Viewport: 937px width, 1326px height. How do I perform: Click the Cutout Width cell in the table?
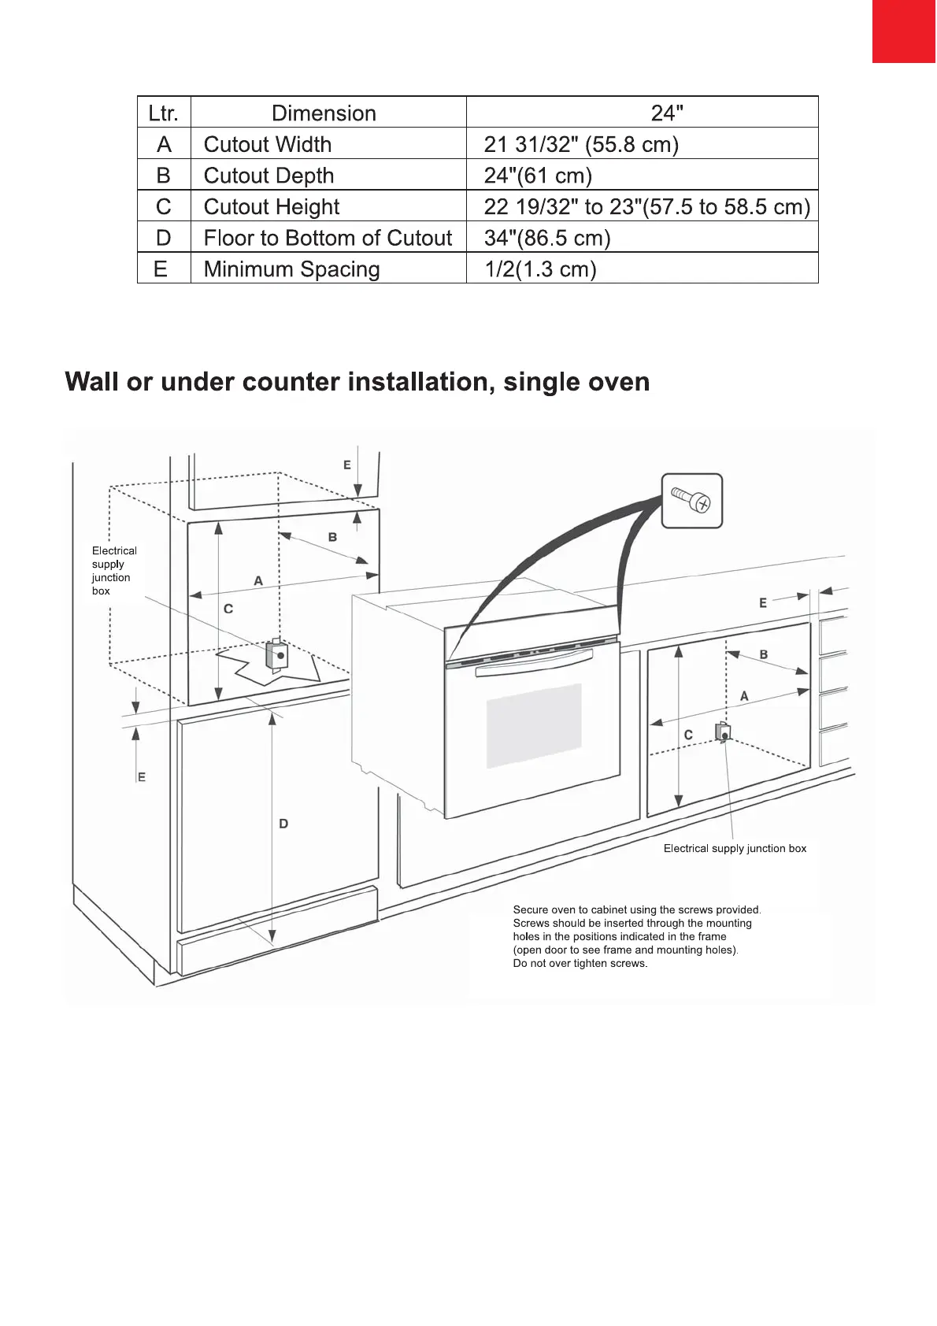click(268, 145)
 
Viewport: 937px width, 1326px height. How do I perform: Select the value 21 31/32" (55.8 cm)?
click(581, 145)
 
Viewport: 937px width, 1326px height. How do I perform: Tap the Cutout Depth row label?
click(269, 176)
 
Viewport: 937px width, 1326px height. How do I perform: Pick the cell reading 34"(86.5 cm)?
click(547, 238)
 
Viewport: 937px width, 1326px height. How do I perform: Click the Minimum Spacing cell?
click(291, 269)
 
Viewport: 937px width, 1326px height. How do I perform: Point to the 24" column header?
click(666, 113)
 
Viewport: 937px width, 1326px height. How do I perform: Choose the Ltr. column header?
click(164, 113)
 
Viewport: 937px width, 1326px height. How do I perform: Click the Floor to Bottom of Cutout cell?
click(328, 238)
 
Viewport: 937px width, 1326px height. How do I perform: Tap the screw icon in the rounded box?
click(691, 500)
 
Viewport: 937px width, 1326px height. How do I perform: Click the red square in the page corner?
click(904, 31)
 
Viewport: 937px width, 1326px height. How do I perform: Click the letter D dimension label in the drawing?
click(283, 824)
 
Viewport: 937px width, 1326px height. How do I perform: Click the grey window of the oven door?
click(534, 724)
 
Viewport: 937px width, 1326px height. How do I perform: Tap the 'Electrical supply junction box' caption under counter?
click(735, 849)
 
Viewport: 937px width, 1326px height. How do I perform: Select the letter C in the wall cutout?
click(228, 609)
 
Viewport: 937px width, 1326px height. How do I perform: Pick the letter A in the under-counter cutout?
click(744, 696)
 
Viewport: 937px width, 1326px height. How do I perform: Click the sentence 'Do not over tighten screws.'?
click(580, 964)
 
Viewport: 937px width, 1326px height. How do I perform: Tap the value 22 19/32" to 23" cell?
click(646, 207)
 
